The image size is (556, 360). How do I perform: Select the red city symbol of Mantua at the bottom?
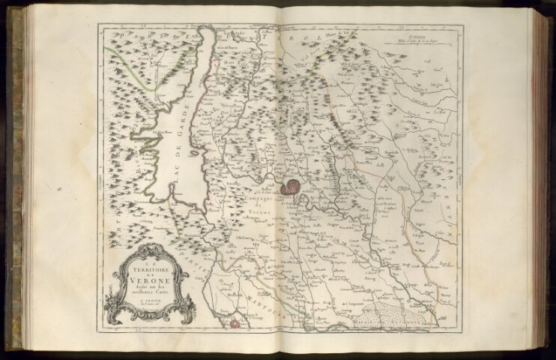click(x=235, y=323)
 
